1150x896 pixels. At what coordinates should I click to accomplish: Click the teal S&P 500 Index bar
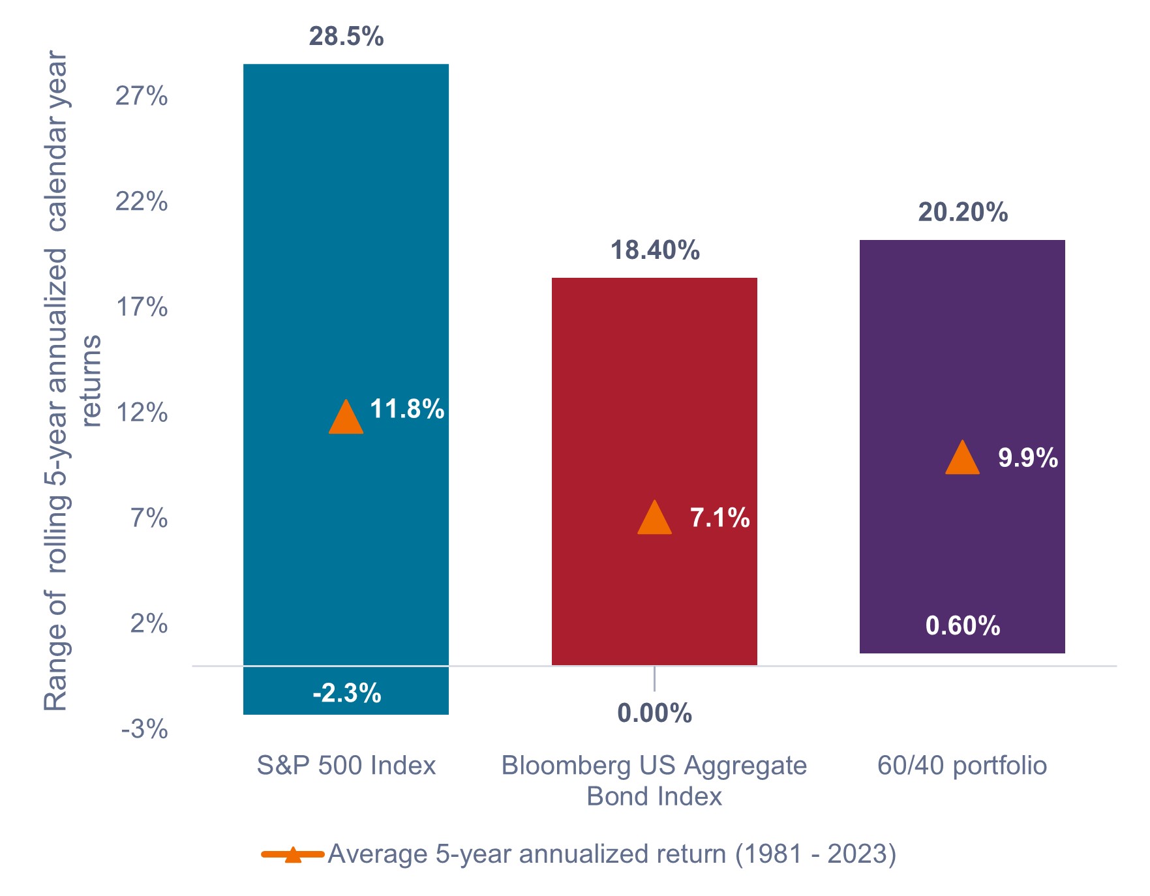(x=346, y=261)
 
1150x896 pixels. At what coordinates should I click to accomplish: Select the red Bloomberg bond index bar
(x=654, y=391)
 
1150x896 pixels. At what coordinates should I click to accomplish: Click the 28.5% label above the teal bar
(x=346, y=37)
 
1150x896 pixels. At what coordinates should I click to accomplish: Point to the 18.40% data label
(x=654, y=250)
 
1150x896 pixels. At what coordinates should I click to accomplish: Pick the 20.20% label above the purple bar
(x=962, y=213)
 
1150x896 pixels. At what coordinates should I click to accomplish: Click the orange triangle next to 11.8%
(x=346, y=418)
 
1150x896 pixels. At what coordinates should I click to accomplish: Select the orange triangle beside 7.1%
(x=654, y=519)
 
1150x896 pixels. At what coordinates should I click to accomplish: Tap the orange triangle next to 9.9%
(x=962, y=458)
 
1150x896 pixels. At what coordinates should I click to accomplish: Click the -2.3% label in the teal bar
(x=346, y=693)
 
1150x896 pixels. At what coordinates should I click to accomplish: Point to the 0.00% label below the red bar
(x=654, y=713)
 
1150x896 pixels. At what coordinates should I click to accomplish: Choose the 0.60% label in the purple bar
(x=962, y=626)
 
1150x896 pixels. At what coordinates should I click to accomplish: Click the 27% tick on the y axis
(x=142, y=97)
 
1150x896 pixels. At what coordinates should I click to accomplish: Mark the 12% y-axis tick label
(x=142, y=413)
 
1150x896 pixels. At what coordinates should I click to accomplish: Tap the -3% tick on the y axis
(x=144, y=729)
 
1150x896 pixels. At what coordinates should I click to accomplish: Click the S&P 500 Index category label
(x=346, y=766)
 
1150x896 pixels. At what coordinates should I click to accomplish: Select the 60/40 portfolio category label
(x=961, y=766)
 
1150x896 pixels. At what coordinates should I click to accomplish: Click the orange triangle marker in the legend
(x=293, y=854)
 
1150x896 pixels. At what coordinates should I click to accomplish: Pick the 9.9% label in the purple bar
(x=1027, y=458)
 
